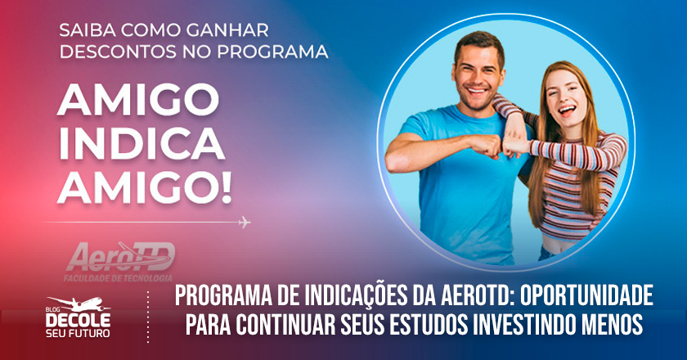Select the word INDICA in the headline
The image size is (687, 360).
coord(141,143)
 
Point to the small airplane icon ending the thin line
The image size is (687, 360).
coord(245,223)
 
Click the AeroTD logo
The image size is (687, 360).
coord(120,257)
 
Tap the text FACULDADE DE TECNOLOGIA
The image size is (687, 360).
coord(118,278)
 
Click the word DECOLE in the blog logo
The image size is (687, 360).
coord(79,320)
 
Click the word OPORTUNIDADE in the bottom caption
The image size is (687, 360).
coord(586,295)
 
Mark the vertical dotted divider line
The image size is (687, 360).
coord(148,316)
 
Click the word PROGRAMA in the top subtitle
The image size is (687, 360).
coord(272,52)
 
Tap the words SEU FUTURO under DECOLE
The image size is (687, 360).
coord(79,333)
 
